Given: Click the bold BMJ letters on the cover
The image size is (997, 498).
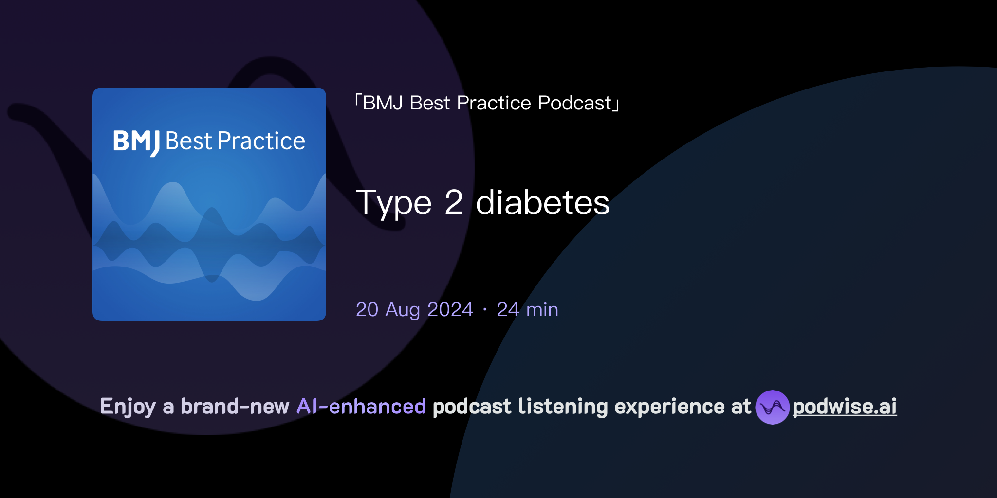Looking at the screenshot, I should click(x=136, y=142).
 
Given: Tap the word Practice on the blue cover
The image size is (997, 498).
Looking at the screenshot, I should click(x=261, y=142).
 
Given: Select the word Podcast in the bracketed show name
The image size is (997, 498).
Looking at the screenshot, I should click(x=574, y=103).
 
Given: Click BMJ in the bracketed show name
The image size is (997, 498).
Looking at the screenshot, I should click(x=383, y=103).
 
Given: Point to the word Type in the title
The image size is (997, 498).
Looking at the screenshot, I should click(x=393, y=203).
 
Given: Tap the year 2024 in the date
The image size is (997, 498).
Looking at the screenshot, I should click(x=450, y=310).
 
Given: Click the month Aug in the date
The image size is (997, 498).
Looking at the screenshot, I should click(x=402, y=310).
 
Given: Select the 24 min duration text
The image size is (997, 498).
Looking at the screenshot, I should click(x=527, y=310).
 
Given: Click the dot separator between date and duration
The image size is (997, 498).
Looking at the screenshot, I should click(x=485, y=310).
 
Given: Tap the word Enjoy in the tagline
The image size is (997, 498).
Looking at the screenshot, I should click(x=128, y=407).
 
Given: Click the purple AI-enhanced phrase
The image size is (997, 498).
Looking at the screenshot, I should click(x=361, y=407).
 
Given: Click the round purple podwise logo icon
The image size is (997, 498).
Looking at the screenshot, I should click(x=772, y=407).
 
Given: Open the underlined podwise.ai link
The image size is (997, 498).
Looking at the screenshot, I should click(x=845, y=407).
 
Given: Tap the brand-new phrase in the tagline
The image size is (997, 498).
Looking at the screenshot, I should click(x=235, y=407).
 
